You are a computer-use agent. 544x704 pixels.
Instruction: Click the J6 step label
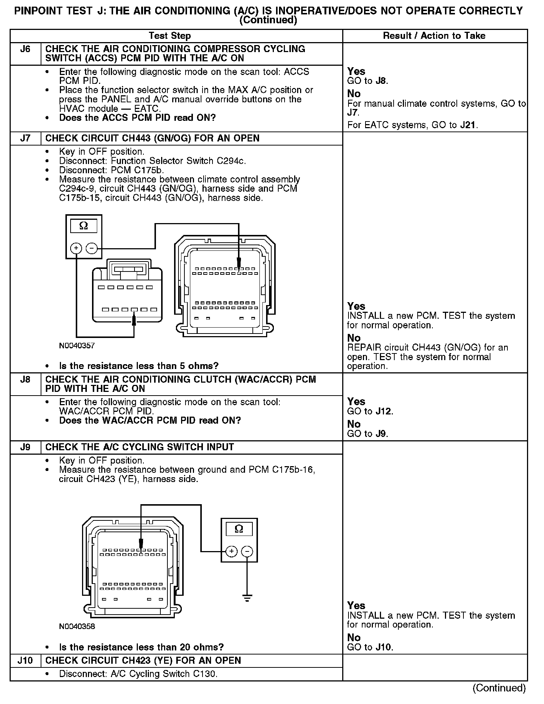tap(25, 49)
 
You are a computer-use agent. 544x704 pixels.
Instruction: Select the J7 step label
tap(25, 139)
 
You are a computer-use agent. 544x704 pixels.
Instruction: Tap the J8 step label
tap(25, 380)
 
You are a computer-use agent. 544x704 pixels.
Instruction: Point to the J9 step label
tap(25, 447)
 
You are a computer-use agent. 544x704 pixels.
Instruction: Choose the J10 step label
tap(25, 661)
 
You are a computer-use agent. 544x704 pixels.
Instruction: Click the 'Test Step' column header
tap(170, 36)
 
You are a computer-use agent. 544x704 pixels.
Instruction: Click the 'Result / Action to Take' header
tap(434, 36)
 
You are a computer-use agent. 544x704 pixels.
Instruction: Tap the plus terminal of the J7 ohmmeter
tap(76, 248)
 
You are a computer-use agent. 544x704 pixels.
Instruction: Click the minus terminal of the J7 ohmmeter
tap(92, 248)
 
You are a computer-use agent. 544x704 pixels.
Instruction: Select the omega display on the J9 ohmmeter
tap(239, 529)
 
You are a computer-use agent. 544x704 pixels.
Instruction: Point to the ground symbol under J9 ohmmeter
tap(247, 598)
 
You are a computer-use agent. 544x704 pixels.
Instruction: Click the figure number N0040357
tap(77, 346)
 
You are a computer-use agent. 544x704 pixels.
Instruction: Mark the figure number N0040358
tap(77, 626)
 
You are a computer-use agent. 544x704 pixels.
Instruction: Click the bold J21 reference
tap(468, 125)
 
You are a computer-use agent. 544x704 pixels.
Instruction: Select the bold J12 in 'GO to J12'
tap(384, 411)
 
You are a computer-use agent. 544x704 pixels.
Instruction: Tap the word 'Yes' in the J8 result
tap(356, 402)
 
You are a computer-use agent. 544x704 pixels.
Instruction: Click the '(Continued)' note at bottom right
tap(499, 688)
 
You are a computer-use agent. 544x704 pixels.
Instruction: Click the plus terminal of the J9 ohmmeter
tap(231, 552)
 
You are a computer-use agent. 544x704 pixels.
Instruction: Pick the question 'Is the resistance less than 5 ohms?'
tap(139, 366)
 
